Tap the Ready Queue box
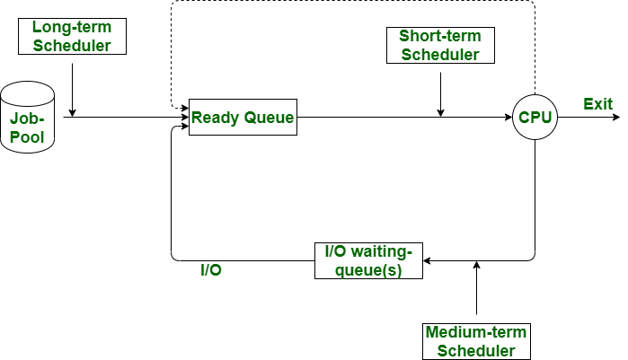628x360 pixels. click(x=243, y=117)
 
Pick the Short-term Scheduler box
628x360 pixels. click(x=439, y=45)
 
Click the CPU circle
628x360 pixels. click(x=535, y=117)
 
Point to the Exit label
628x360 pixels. click(x=597, y=104)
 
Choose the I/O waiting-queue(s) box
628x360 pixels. click(x=368, y=260)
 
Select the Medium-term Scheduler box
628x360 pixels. click(x=475, y=341)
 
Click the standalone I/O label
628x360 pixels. click(x=211, y=269)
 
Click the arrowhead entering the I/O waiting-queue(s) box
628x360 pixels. click(x=428, y=260)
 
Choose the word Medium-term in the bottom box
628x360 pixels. click(x=475, y=332)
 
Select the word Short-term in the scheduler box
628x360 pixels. click(x=439, y=36)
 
